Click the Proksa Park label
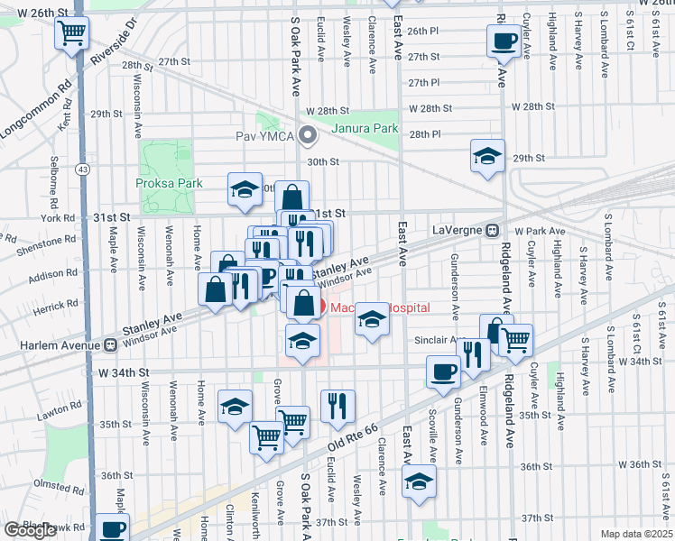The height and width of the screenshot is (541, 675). pos(170,182)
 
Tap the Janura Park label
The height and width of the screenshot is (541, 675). pos(365,128)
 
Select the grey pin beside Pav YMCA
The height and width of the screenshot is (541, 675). pos(309,138)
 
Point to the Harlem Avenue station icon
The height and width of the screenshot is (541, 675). pos(110,344)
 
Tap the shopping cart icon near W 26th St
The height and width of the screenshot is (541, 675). pos(71,34)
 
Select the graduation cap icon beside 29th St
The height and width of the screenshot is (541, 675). pos(487,155)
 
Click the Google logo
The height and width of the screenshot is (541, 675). pos(30,530)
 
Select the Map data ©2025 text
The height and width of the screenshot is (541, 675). pos(636,534)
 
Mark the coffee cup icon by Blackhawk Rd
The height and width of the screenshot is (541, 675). pos(113,528)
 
